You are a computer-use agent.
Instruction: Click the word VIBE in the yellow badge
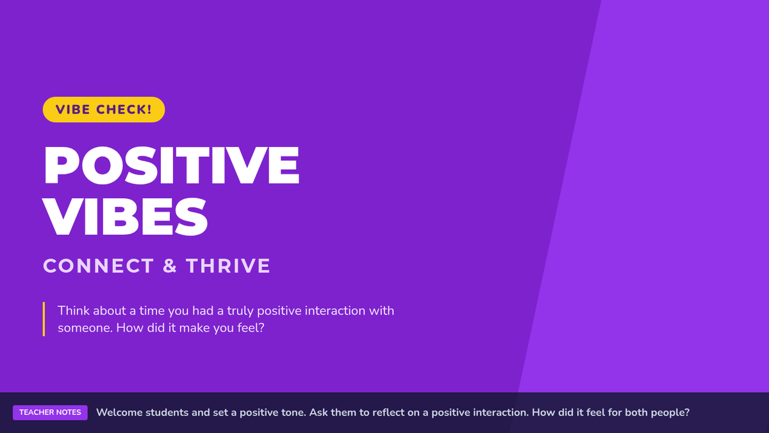tap(72, 110)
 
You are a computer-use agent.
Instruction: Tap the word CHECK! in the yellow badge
tap(124, 110)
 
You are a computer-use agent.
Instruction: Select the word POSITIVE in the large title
tap(172, 166)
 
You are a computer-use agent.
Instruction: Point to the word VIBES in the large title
tap(126, 217)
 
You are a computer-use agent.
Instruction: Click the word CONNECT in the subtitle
tap(99, 266)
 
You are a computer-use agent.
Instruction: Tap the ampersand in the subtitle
tap(170, 266)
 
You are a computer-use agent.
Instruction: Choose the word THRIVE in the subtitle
tap(228, 266)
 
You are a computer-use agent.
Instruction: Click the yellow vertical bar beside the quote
tap(44, 319)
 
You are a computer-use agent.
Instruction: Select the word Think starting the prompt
tap(74, 310)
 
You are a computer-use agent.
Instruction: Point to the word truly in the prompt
tap(240, 311)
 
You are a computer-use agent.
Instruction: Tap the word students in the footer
tap(167, 412)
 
